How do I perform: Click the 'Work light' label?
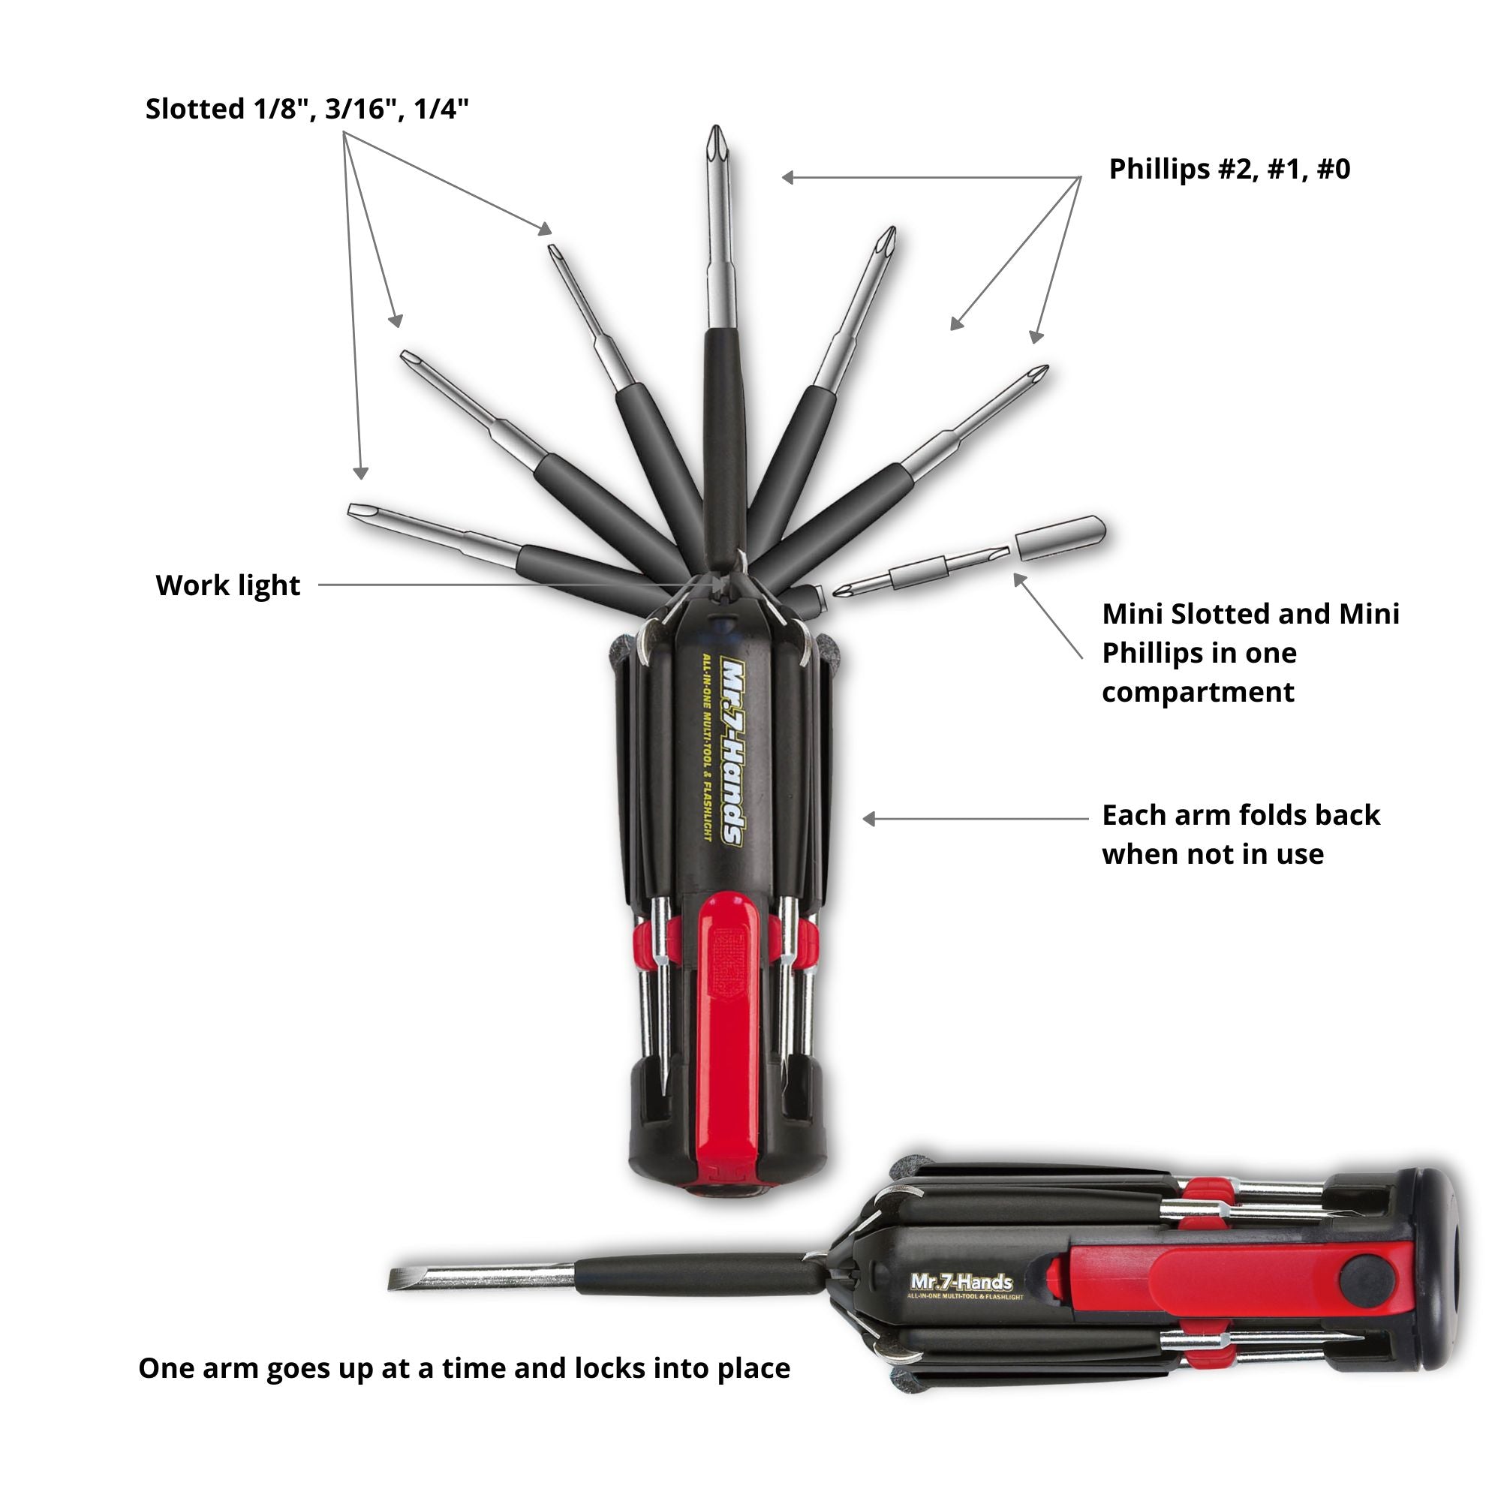coord(227,586)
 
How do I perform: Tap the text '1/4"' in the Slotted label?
coord(441,109)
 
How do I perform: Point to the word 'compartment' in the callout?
coord(1197,692)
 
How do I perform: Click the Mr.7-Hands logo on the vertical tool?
coord(732,750)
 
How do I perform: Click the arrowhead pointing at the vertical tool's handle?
coord(869,819)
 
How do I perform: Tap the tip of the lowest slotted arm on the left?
coord(354,510)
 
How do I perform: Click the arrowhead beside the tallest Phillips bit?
coord(788,178)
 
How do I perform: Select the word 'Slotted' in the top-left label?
coord(195,109)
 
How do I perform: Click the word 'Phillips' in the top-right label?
coord(1156,170)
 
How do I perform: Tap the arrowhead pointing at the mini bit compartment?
coord(1018,579)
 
